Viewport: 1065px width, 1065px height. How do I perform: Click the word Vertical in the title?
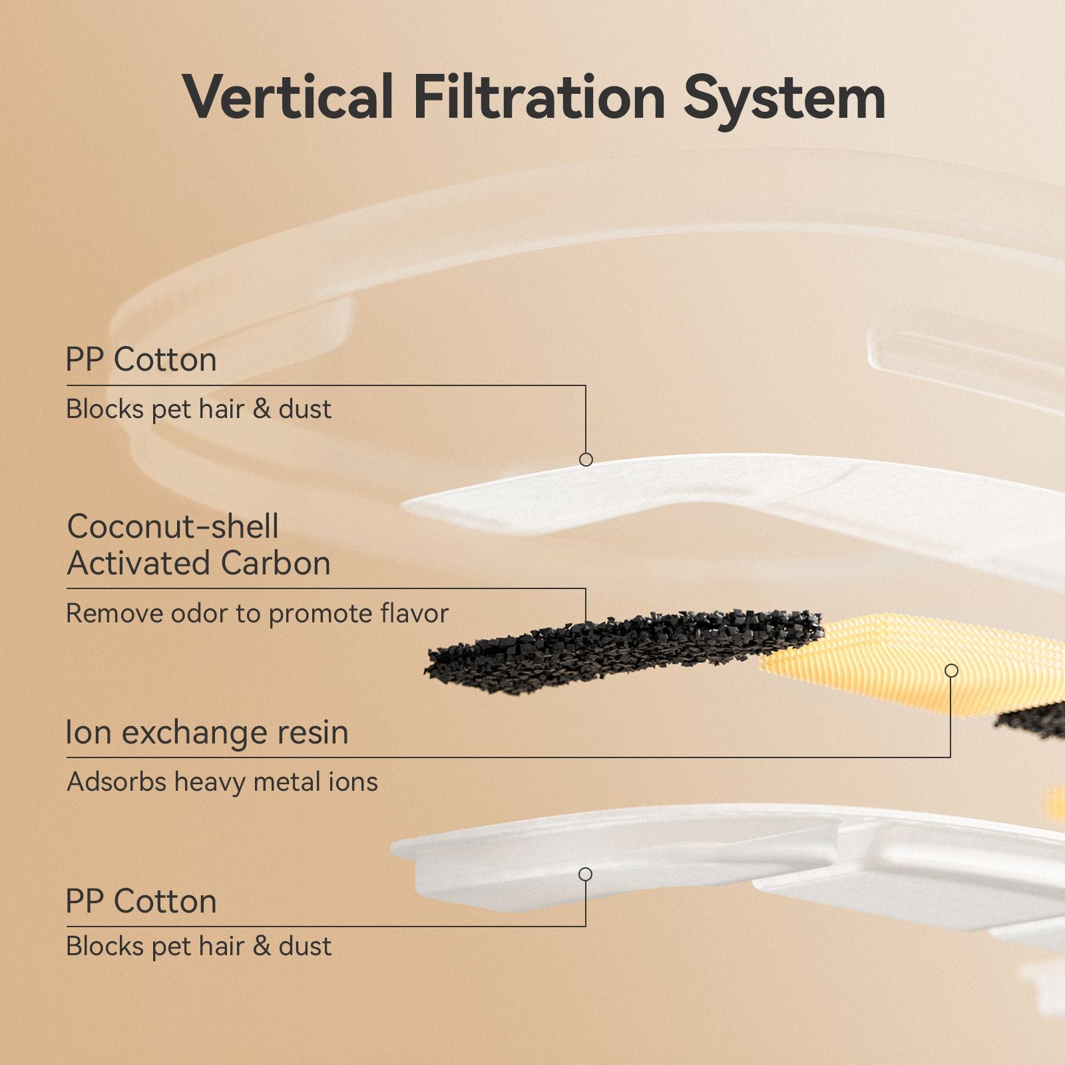[288, 97]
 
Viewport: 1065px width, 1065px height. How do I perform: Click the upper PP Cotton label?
[141, 360]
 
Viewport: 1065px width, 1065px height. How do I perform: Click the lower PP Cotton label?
[141, 902]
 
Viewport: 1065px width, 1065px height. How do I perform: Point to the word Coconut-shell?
[172, 527]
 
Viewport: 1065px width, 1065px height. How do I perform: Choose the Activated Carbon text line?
[198, 563]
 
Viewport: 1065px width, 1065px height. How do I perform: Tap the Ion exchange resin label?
[207, 733]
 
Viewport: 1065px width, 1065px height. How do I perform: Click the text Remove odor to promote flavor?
[258, 614]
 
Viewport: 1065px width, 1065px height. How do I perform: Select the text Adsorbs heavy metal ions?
[222, 782]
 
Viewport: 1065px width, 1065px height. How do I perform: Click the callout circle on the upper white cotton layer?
[586, 459]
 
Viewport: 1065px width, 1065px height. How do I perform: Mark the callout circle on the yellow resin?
[952, 670]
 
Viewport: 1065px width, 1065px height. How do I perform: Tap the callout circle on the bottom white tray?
[586, 874]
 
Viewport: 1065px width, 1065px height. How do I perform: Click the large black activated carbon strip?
[622, 650]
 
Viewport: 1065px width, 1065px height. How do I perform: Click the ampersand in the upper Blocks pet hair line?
[262, 409]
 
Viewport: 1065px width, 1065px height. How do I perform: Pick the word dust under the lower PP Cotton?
[305, 947]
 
